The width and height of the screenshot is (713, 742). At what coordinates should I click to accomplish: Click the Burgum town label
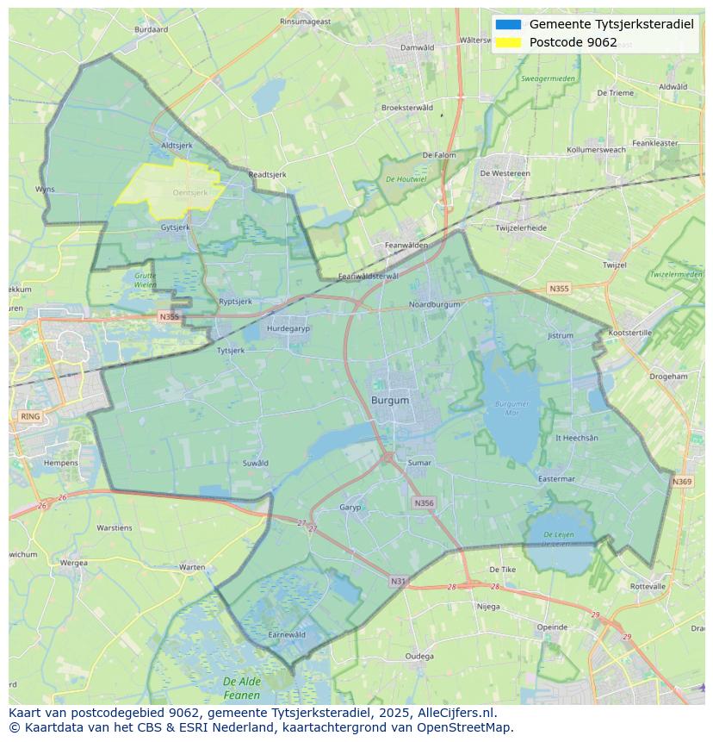pos(390,401)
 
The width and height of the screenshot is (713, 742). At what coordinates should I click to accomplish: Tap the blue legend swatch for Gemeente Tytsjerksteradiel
pos(508,24)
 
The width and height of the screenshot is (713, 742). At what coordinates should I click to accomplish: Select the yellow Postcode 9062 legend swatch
pos(508,42)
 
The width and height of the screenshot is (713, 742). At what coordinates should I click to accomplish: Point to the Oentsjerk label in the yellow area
pos(190,193)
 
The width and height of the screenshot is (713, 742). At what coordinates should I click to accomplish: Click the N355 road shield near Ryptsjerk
pos(169,317)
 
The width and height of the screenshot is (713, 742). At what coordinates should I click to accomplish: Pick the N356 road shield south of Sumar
pos(424,502)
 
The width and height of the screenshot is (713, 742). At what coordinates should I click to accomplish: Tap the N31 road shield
pos(398,582)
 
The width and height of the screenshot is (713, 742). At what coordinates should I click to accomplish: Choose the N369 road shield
pos(682,482)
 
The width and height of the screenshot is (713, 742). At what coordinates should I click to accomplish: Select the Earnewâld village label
pos(287,634)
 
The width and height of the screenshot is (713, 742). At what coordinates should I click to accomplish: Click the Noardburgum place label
pos(434,304)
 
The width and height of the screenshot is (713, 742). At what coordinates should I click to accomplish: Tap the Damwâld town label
pos(418,47)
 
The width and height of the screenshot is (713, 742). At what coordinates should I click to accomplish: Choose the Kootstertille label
pos(630,333)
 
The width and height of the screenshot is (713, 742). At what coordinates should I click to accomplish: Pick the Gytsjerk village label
pos(176,228)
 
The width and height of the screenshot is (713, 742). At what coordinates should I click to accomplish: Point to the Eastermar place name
pos(555,479)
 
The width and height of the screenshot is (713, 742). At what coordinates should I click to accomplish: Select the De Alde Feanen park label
pos(242,688)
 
